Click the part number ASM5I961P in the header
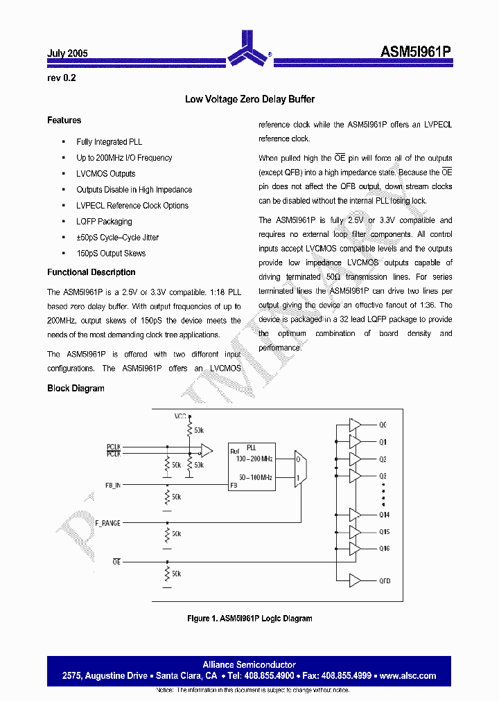click(416, 52)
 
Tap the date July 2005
click(67, 53)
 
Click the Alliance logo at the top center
click(249, 48)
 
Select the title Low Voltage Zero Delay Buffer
click(249, 99)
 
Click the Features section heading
click(64, 121)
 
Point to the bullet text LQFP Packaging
click(104, 222)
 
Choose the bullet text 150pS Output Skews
click(111, 254)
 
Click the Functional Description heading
click(91, 272)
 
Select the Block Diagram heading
click(76, 388)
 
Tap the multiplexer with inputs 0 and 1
click(299, 468)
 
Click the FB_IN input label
click(112, 486)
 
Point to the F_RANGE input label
click(107, 523)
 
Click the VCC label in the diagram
click(181, 417)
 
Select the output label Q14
click(384, 515)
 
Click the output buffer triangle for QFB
click(355, 580)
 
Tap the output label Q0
click(383, 425)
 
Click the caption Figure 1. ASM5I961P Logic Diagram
click(249, 619)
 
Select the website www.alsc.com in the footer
click(408, 675)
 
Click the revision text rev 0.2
click(61, 78)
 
